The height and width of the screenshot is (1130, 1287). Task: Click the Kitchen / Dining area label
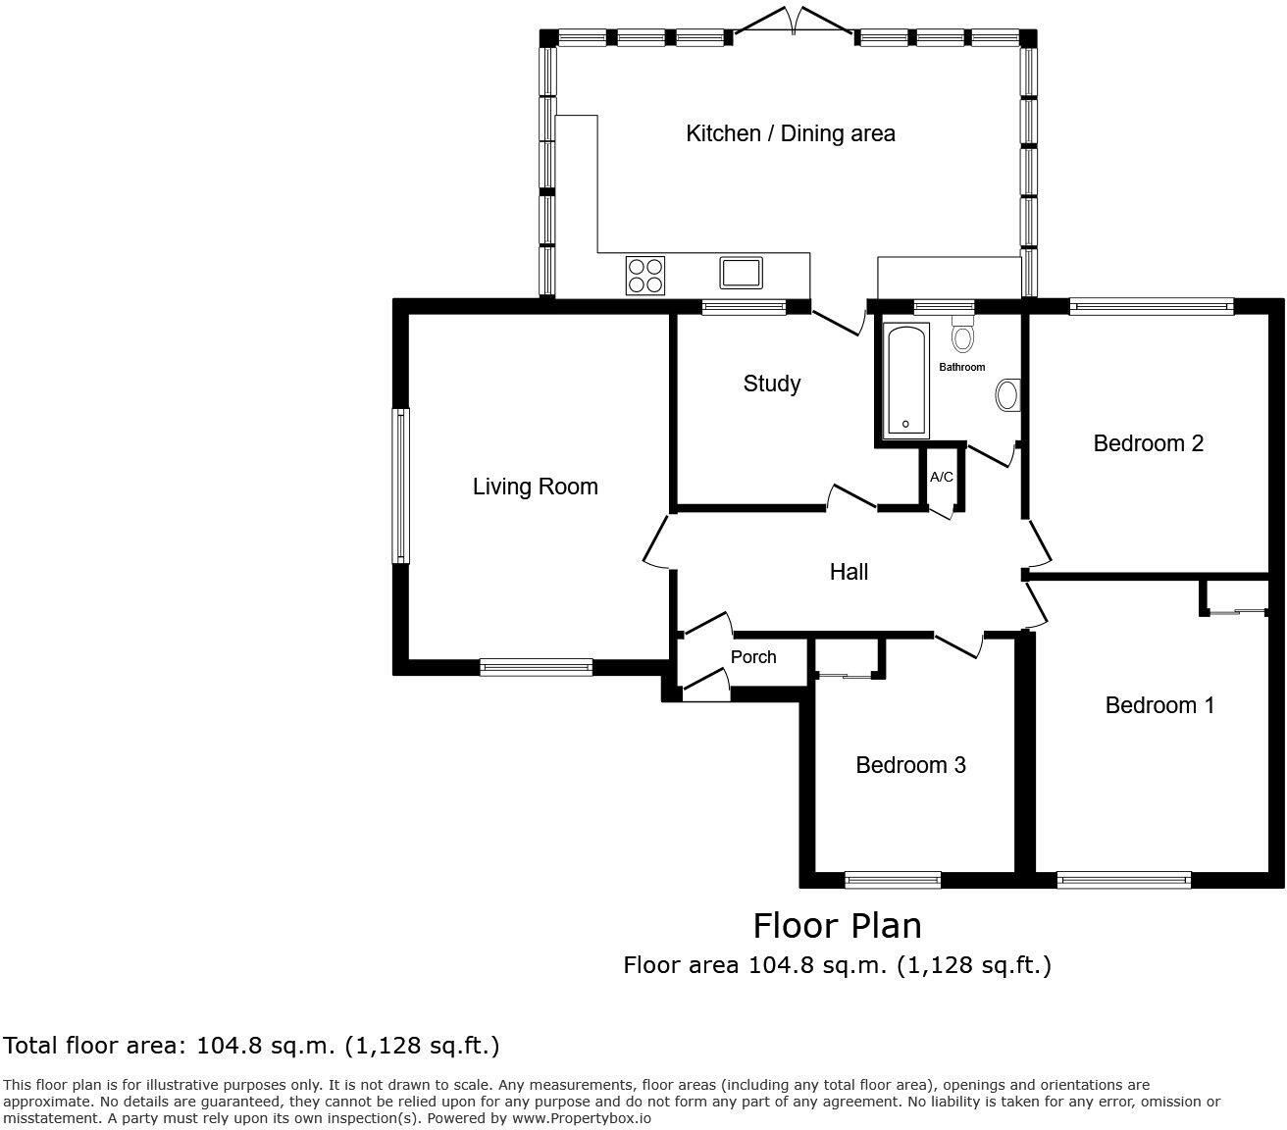point(790,133)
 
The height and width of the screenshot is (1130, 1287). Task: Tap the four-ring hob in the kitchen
point(644,275)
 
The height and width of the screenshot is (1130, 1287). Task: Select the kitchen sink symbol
point(741,272)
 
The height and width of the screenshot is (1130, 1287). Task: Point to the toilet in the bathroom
point(962,334)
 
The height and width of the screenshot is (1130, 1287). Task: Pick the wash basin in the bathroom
point(1007,395)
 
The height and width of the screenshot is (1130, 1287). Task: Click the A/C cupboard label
point(941,477)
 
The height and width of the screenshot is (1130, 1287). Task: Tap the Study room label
point(771,384)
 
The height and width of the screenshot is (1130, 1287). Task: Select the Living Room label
point(535,487)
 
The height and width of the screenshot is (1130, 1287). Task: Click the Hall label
point(849,572)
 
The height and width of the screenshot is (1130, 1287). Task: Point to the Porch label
point(753,657)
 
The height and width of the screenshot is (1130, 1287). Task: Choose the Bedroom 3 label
point(910,765)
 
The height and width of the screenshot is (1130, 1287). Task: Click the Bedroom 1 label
point(1159,705)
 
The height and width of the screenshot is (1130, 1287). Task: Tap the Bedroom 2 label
point(1148,443)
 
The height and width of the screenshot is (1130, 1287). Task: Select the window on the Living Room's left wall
point(400,487)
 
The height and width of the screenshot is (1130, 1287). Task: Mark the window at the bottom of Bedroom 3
point(892,880)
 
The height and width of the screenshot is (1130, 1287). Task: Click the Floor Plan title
point(837,925)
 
